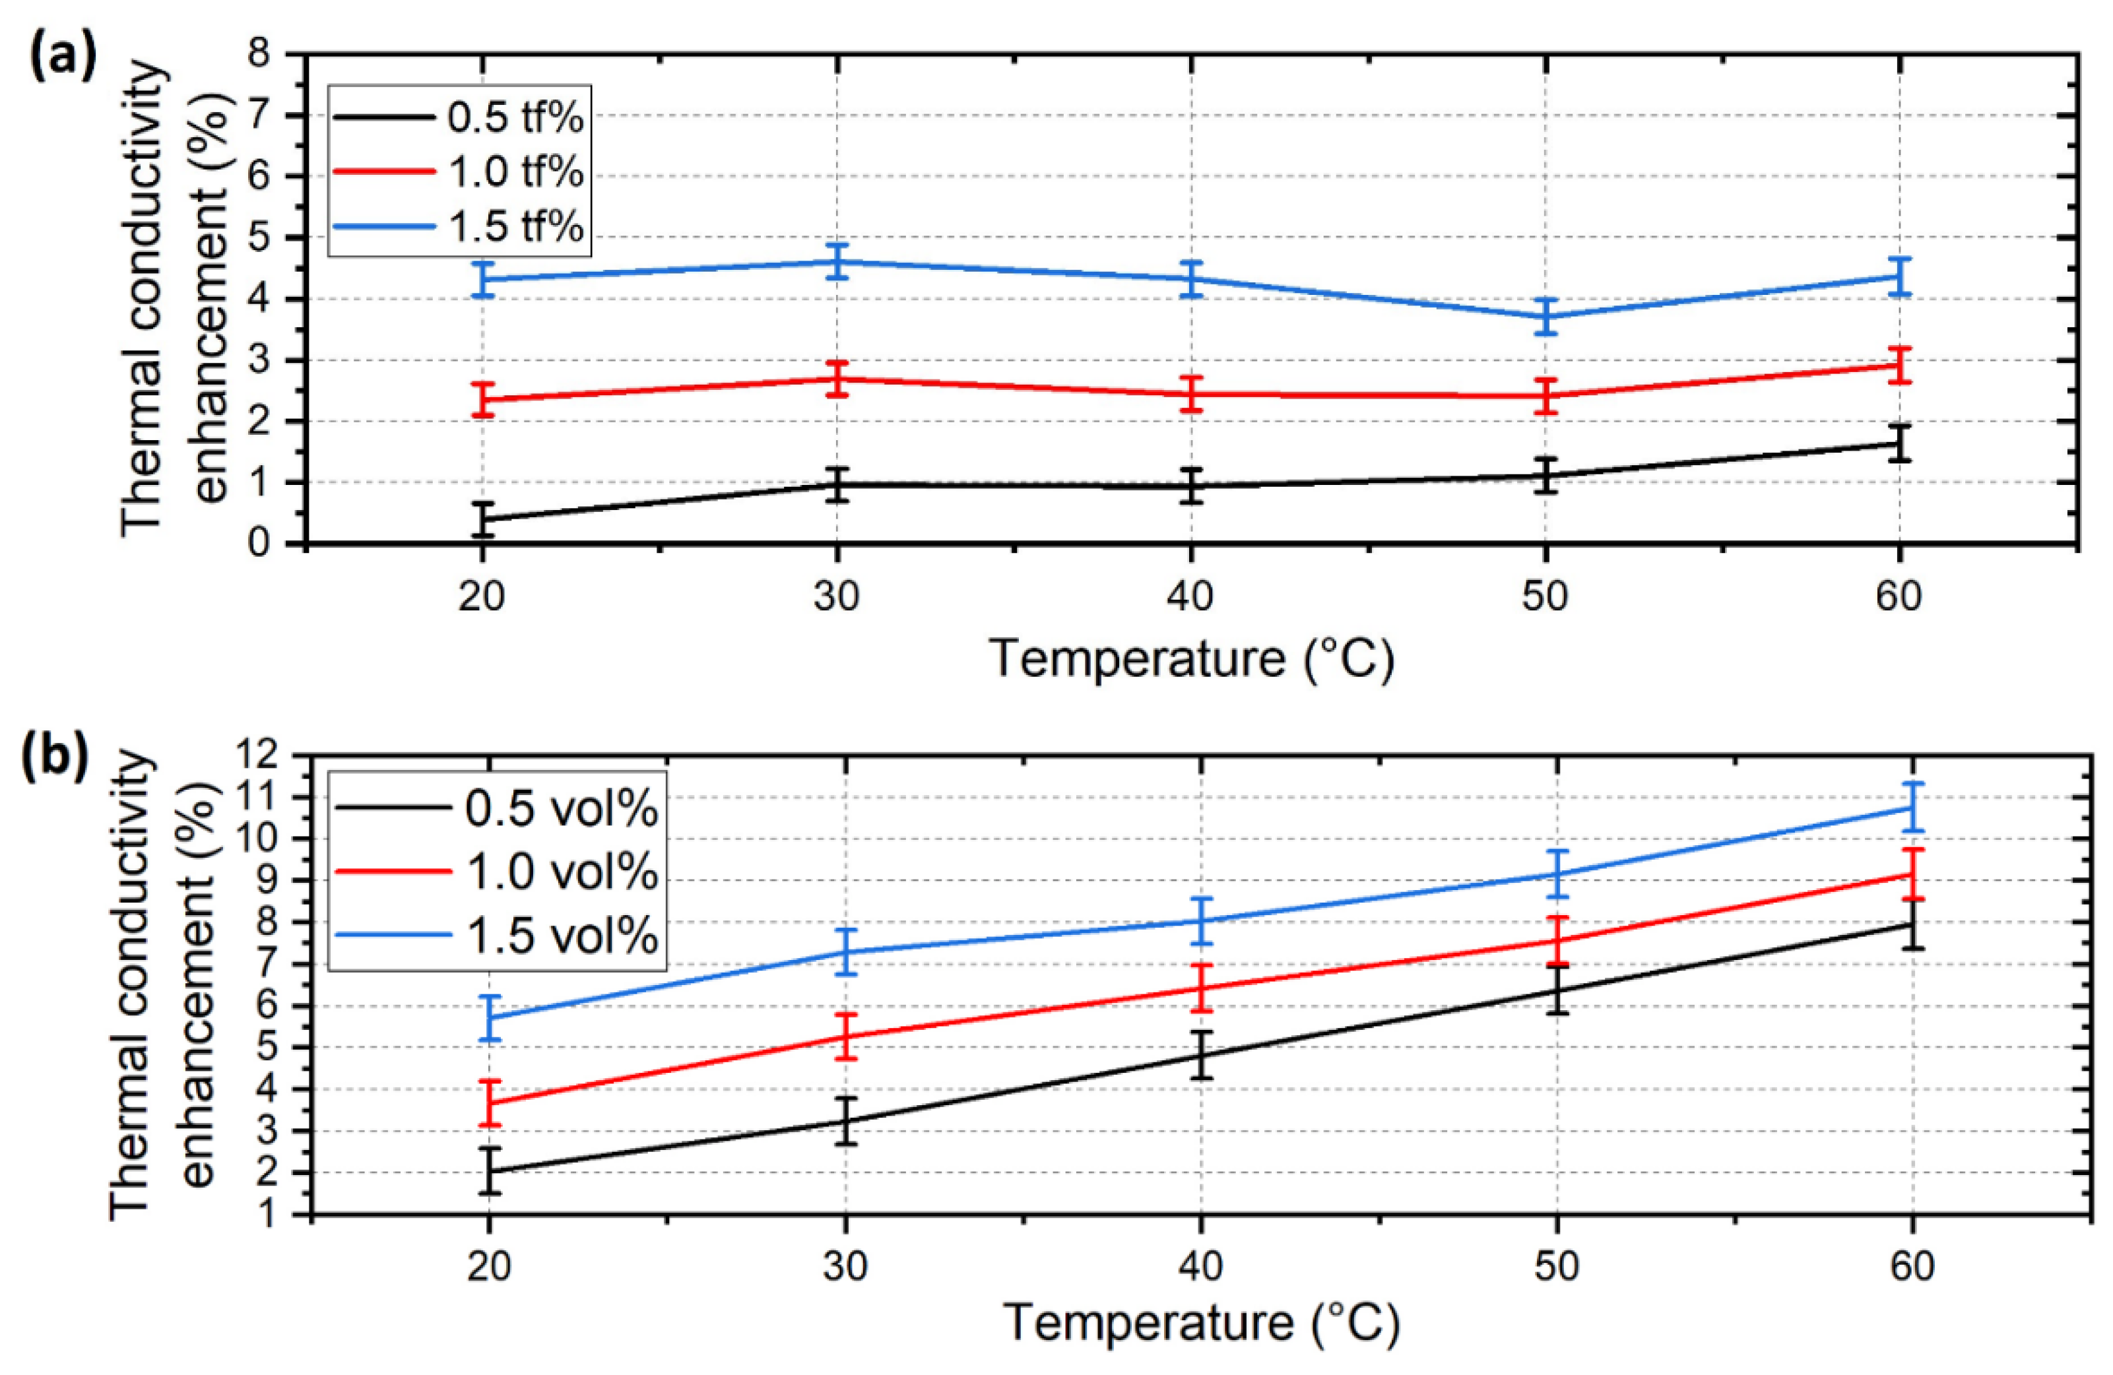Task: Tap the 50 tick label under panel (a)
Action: pos(1545,596)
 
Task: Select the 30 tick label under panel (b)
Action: pos(844,1267)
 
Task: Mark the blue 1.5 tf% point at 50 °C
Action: pos(1545,317)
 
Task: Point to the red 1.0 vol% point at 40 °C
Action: pos(1201,988)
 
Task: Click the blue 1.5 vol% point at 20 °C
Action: pos(489,1018)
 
